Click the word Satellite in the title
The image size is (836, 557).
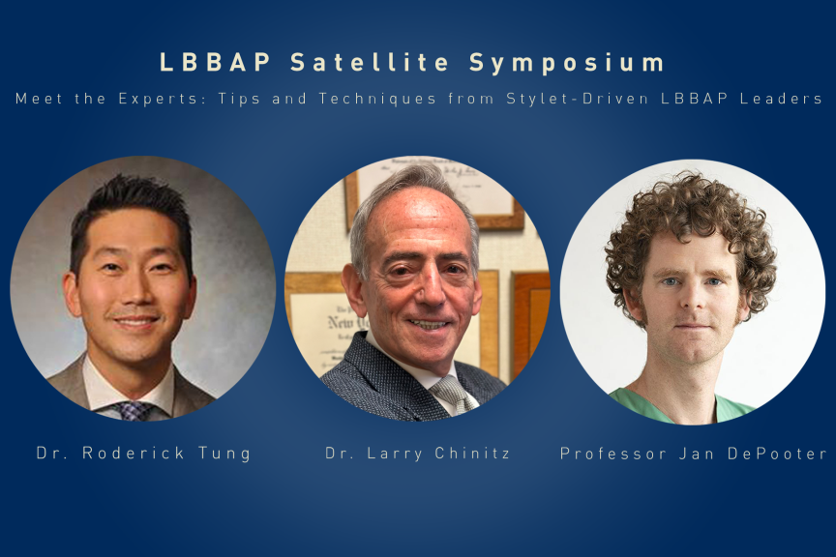point(370,62)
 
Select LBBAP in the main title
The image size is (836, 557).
point(216,62)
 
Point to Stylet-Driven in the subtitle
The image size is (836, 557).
point(578,99)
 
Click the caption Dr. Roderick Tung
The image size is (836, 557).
point(143,454)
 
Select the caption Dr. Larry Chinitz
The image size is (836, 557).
point(417,454)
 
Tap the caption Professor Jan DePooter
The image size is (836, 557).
point(693,454)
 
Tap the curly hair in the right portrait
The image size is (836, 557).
point(691,224)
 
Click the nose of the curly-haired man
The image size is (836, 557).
point(692,300)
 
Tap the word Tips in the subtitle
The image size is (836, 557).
point(239,99)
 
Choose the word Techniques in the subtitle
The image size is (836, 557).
point(377,99)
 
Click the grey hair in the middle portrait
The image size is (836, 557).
point(405,184)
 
